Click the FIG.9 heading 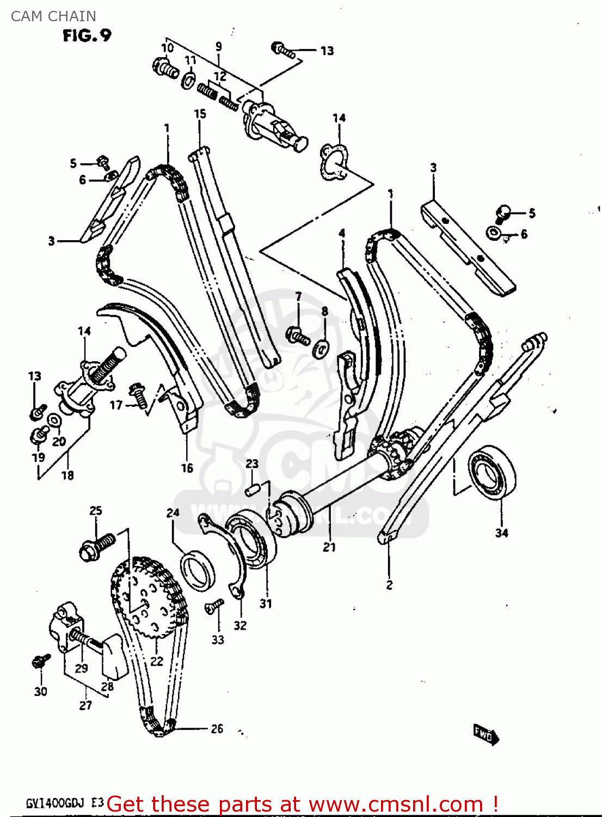(x=87, y=35)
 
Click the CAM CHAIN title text (x=53, y=16)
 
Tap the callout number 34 (x=501, y=533)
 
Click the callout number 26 (x=217, y=729)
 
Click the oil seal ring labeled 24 (x=197, y=570)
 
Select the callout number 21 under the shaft (x=329, y=547)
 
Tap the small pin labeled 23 (x=251, y=490)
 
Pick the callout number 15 (x=200, y=114)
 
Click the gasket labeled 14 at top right (x=334, y=162)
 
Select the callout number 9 (x=218, y=46)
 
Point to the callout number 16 (x=187, y=468)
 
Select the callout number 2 (x=389, y=585)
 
